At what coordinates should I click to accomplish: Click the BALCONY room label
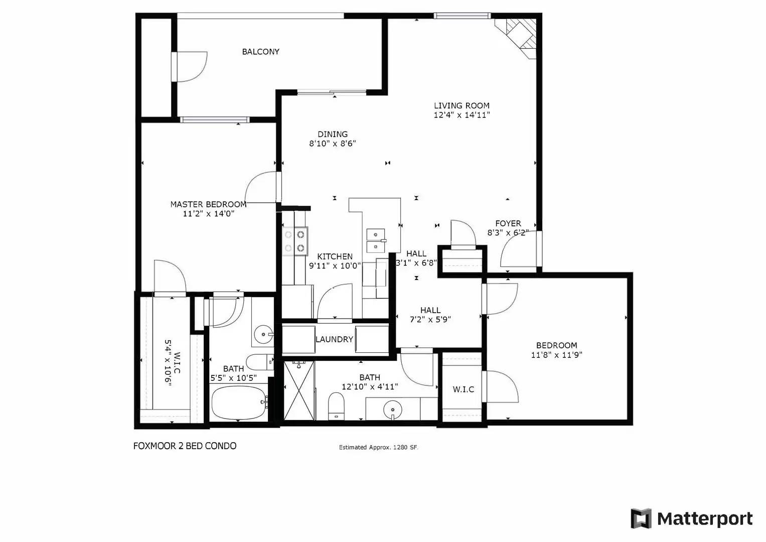pyautogui.click(x=260, y=52)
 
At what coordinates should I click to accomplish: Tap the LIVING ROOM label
pyautogui.click(x=462, y=105)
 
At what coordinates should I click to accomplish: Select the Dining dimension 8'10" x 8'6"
pyautogui.click(x=333, y=144)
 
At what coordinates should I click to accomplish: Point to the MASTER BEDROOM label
pyautogui.click(x=208, y=204)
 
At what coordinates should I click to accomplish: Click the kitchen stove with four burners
pyautogui.click(x=295, y=240)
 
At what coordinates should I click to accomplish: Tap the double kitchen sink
pyautogui.click(x=376, y=240)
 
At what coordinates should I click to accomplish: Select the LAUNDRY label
pyautogui.click(x=334, y=339)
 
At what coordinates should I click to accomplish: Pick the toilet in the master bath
pyautogui.click(x=261, y=361)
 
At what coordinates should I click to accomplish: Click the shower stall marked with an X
pyautogui.click(x=299, y=390)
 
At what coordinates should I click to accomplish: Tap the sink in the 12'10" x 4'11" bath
pyautogui.click(x=392, y=410)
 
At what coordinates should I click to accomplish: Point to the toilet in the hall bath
pyautogui.click(x=336, y=405)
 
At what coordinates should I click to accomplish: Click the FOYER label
pyautogui.click(x=508, y=223)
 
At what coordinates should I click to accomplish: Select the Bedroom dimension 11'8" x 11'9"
pyautogui.click(x=556, y=355)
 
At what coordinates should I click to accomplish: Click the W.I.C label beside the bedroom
pyautogui.click(x=463, y=389)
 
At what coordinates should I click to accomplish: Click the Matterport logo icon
pyautogui.click(x=641, y=518)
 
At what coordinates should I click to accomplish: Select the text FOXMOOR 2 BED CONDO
pyautogui.click(x=185, y=446)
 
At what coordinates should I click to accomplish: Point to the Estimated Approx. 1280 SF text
pyautogui.click(x=378, y=447)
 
